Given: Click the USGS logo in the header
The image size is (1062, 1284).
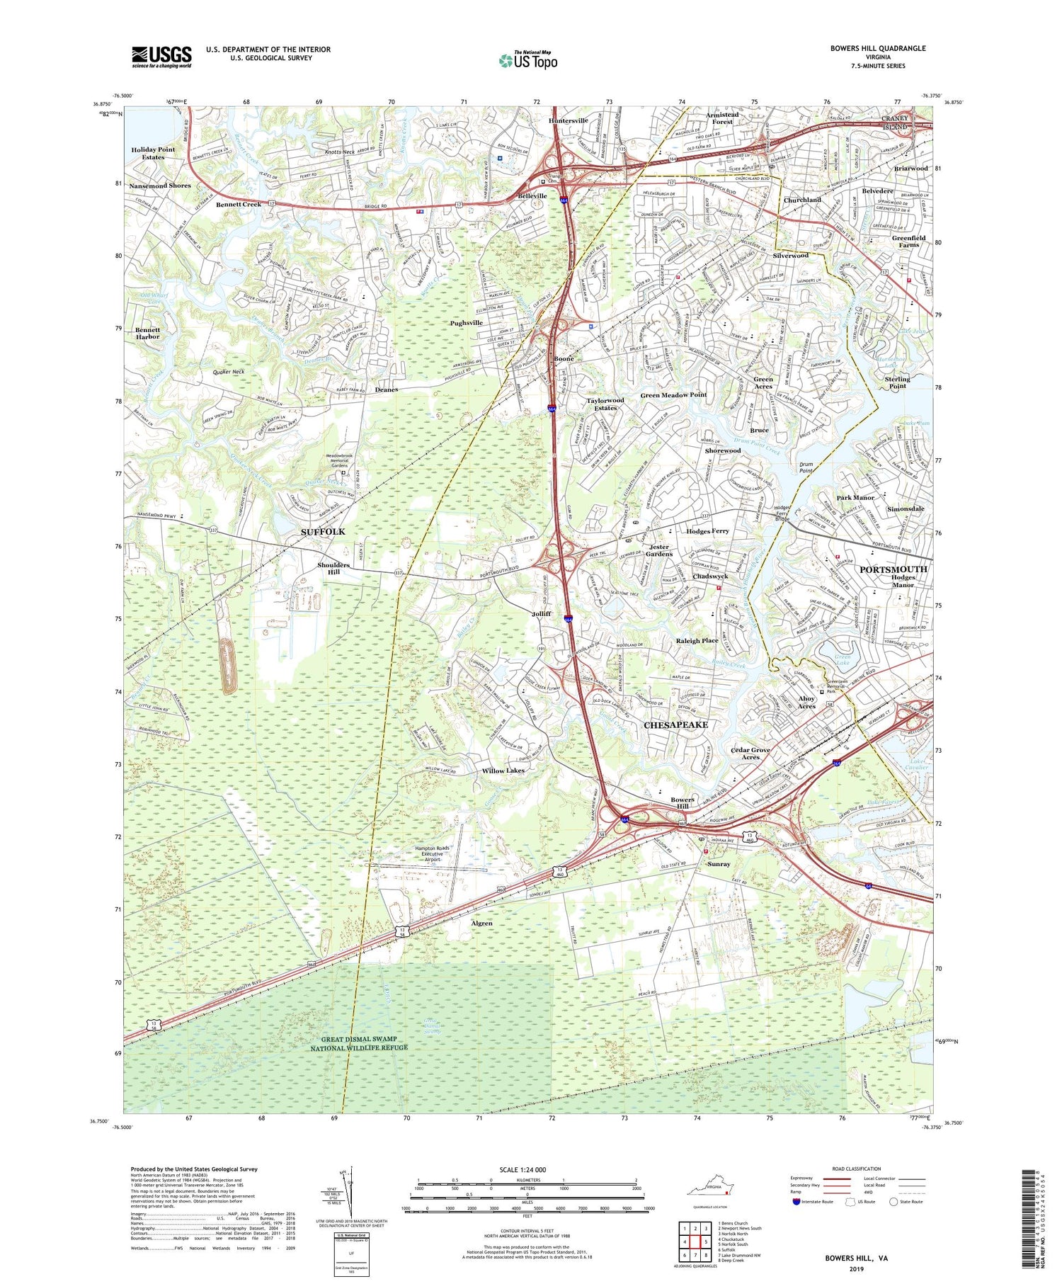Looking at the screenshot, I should pos(161,57).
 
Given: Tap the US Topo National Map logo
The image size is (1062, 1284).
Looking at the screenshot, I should pos(528,60).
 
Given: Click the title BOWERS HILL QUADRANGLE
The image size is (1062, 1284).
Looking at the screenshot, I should pos(878,48).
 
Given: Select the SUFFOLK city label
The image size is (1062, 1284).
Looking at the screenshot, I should pos(324,531).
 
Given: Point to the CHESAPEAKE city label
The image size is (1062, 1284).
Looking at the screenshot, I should pos(675,725).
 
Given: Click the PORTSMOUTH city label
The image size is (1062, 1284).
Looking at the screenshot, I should pos(893,569).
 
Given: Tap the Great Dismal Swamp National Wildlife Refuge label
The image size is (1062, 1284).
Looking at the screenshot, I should pos(359,1043).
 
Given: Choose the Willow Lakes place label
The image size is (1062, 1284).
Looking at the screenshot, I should pos(503,771).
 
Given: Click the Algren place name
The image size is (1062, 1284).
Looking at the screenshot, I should pos(481,924).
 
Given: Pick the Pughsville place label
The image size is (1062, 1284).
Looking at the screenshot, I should pos(466,323).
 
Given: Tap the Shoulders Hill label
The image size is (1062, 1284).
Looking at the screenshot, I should pos(333,568).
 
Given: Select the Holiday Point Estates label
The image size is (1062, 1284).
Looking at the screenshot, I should pos(153,153).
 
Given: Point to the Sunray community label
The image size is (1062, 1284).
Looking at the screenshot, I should pos(719,864).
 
